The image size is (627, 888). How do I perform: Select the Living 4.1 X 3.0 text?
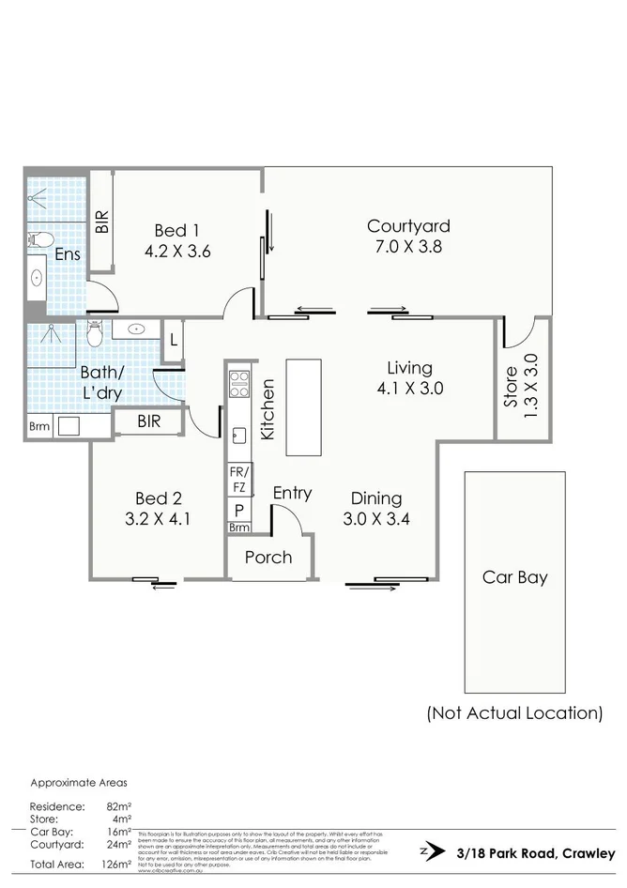[409, 377]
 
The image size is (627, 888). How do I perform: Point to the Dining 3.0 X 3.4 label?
[376, 508]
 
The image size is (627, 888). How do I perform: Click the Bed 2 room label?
[158, 508]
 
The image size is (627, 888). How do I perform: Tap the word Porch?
[268, 558]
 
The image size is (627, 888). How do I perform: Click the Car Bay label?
[514, 577]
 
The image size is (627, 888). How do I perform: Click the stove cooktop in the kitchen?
[239, 385]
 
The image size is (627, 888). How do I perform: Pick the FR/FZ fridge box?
[238, 481]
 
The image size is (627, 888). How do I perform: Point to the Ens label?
[67, 254]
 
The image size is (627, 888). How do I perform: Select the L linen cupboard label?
[174, 343]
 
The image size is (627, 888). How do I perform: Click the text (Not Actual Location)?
[514, 713]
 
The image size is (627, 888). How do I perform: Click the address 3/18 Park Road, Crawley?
[535, 853]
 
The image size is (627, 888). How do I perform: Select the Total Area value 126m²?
[117, 865]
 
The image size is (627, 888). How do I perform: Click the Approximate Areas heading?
[79, 782]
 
